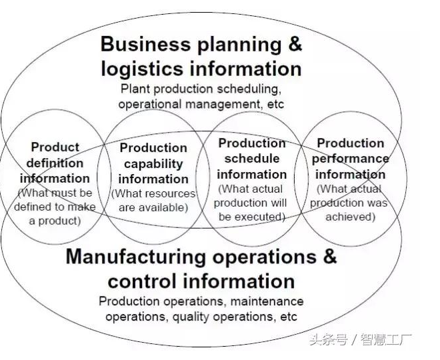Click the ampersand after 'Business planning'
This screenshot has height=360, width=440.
click(294, 45)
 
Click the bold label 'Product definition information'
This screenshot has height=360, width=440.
click(55, 163)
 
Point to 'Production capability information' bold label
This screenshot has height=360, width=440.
click(153, 163)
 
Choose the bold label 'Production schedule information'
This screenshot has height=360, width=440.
click(252, 159)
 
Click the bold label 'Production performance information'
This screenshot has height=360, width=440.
click(351, 159)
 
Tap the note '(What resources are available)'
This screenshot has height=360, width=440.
click(153, 200)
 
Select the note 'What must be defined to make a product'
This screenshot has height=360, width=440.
click(55, 207)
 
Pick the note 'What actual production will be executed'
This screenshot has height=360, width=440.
click(252, 203)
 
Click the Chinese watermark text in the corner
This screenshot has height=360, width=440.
click(360, 339)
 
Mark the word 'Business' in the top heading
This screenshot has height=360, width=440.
click(143, 45)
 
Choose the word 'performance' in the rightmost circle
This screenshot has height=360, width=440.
click(351, 159)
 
